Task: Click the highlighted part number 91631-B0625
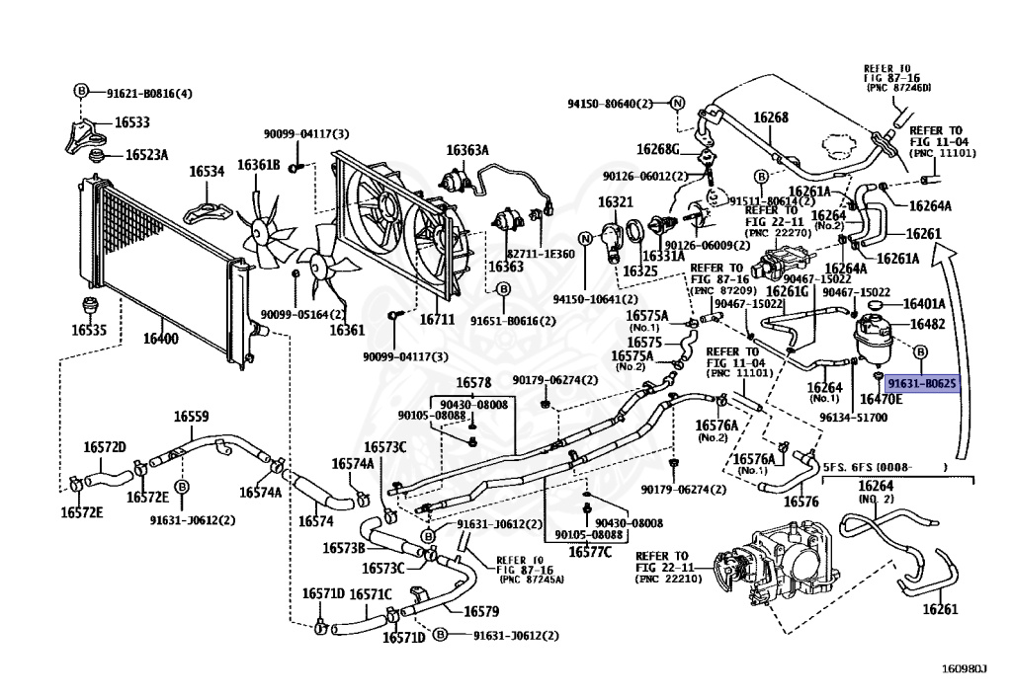tap(921, 383)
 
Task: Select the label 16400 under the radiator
tap(161, 339)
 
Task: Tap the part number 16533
tap(132, 123)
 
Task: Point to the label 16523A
tap(146, 155)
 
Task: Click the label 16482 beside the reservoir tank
tap(928, 324)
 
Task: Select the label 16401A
tap(927, 304)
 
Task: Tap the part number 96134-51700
tap(853, 417)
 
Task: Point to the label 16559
tap(191, 417)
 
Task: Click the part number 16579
tap(479, 611)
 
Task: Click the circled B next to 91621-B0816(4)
tap(81, 92)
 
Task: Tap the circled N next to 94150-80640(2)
tap(677, 103)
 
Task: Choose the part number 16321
tap(614, 202)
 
